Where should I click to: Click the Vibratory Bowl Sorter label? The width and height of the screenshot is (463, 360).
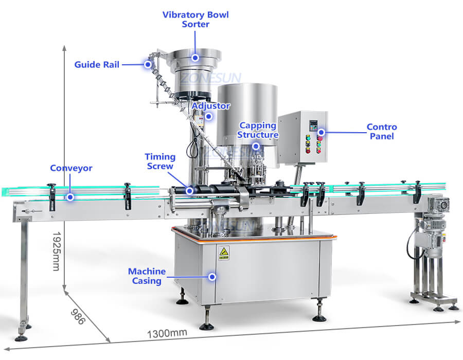pyautogui.click(x=195, y=19)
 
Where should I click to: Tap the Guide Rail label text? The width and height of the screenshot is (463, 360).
pyautogui.click(x=97, y=65)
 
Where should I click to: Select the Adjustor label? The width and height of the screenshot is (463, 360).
pyautogui.click(x=211, y=106)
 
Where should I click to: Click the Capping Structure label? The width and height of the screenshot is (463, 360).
pyautogui.click(x=258, y=130)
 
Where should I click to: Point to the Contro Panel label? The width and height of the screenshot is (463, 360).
pyautogui.click(x=381, y=132)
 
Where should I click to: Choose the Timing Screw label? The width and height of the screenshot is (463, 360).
pyautogui.click(x=159, y=161)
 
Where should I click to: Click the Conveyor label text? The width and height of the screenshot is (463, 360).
pyautogui.click(x=71, y=168)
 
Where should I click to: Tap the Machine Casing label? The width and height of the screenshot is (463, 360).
pyautogui.click(x=147, y=276)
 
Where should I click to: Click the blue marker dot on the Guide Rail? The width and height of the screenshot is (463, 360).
pyautogui.click(x=148, y=64)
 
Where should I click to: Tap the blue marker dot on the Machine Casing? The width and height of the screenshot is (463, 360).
pyautogui.click(x=212, y=276)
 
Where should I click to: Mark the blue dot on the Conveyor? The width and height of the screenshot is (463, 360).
pyautogui.click(x=71, y=196)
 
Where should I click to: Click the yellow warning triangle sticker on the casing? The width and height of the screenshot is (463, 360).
pyautogui.click(x=224, y=252)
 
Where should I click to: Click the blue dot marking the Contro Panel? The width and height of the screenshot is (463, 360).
pyautogui.click(x=322, y=132)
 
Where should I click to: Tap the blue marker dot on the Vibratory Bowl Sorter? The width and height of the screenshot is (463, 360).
pyautogui.click(x=195, y=58)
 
